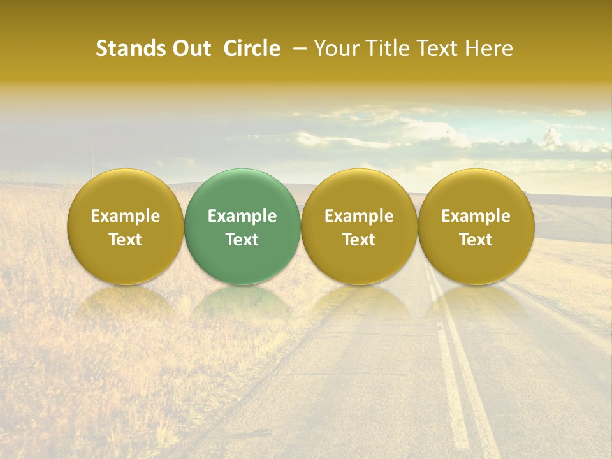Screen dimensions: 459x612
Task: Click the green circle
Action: click(242, 226)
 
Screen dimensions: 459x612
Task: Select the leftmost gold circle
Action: click(125, 226)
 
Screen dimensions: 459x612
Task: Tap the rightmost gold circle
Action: click(476, 226)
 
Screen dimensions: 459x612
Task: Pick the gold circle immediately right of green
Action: click(359, 226)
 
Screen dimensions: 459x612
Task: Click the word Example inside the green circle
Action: click(242, 216)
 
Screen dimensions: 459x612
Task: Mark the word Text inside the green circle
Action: click(242, 240)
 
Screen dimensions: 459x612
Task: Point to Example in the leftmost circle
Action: click(125, 216)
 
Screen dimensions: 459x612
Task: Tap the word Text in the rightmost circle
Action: click(476, 240)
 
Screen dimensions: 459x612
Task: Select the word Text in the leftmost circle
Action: click(125, 240)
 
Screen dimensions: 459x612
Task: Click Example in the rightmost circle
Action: click(476, 216)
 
